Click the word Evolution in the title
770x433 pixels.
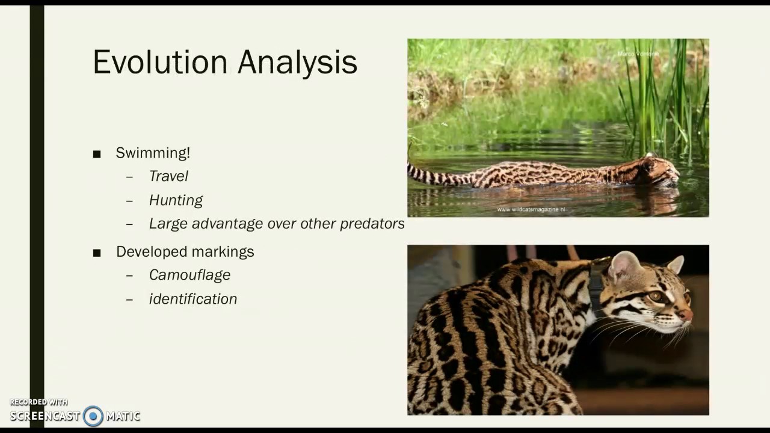coord(160,62)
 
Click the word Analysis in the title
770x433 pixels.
coord(297,63)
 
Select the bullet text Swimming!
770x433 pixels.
coord(153,153)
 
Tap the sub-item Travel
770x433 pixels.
coord(168,176)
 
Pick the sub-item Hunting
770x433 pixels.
coord(176,200)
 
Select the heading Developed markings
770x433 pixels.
coord(185,251)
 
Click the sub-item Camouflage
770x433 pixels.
coord(189,275)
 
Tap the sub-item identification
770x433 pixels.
coord(192,299)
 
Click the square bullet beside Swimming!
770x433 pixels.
coord(97,155)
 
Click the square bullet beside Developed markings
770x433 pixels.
coord(97,253)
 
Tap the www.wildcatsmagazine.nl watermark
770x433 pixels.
coord(531,209)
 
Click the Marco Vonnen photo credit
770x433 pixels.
coord(638,54)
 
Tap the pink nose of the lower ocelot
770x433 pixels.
coord(686,315)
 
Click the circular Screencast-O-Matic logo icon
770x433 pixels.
coord(93,416)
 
